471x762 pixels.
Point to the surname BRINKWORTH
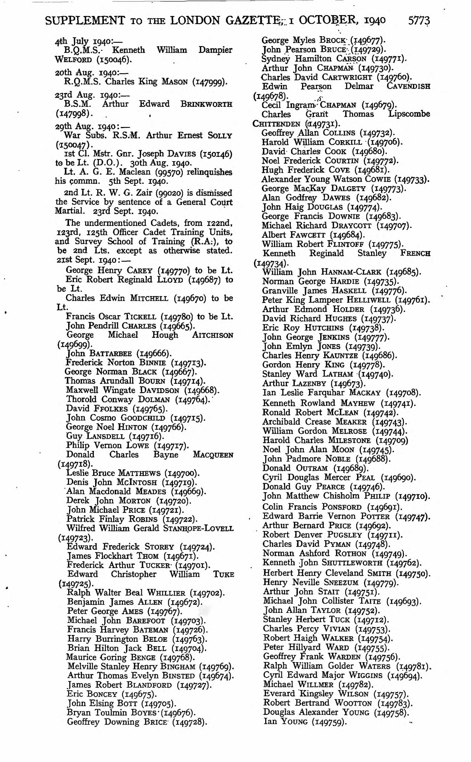coord(206,104)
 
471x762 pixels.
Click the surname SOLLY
coord(220,136)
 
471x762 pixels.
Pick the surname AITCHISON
coord(212,335)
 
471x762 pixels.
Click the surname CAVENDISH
coord(408,86)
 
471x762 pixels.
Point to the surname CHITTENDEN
coord(276,124)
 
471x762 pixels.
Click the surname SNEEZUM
coord(341,582)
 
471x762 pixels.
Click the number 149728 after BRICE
coord(190,722)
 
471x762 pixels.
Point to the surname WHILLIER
coord(166,593)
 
